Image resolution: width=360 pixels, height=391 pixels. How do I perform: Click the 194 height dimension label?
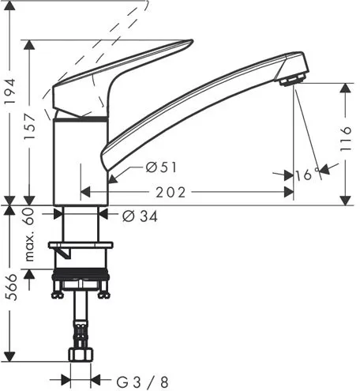pos(10,91)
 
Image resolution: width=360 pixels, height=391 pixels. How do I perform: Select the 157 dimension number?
pos(30,126)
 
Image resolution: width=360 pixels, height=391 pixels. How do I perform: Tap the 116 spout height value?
pos(346,138)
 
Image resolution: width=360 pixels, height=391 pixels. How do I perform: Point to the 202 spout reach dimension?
pos(171,193)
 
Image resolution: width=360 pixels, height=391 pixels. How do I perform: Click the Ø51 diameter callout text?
pos(161,167)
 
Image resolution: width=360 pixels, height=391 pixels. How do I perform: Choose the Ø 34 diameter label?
pos(140,216)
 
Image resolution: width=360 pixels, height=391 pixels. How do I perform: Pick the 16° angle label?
pos(307,175)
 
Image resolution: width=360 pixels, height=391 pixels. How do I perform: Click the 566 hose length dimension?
pos(12,288)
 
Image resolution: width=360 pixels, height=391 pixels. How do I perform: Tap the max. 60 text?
pos(29,235)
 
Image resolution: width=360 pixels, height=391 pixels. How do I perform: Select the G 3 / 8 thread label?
pos(142,382)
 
